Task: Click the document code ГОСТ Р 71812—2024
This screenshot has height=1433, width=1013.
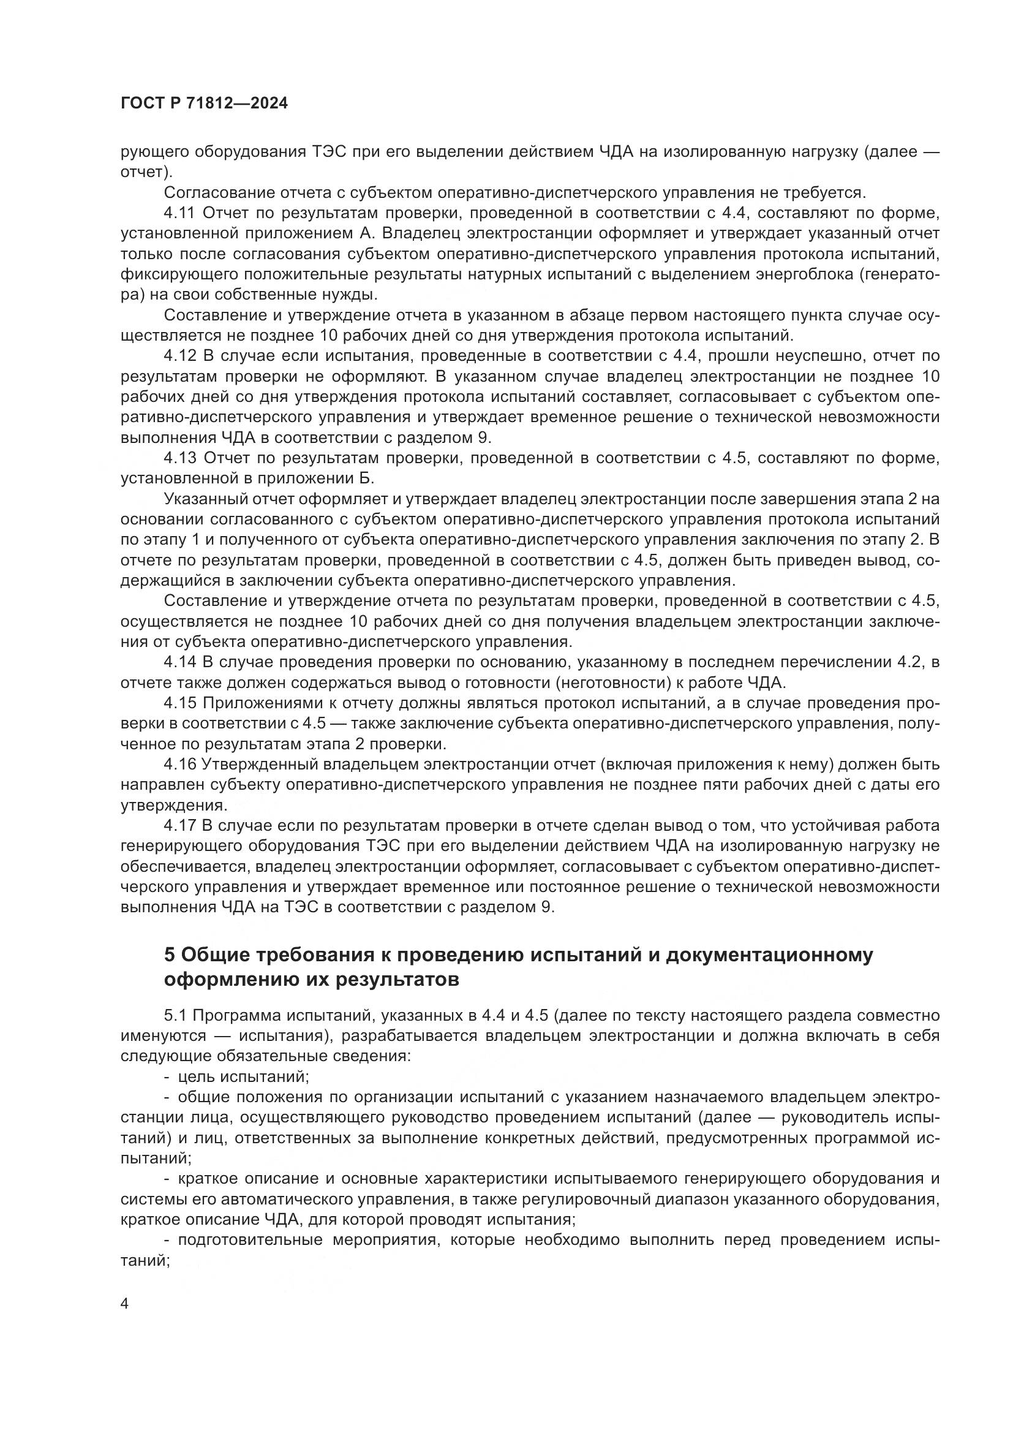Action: (204, 104)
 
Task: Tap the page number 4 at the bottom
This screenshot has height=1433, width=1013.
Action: (125, 1304)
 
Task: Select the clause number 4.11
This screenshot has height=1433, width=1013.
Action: (179, 213)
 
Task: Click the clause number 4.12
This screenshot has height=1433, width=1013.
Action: (179, 356)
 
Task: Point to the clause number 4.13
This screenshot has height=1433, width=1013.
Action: (179, 458)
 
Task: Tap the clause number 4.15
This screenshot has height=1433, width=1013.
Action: (179, 703)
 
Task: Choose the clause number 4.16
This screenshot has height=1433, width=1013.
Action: (179, 765)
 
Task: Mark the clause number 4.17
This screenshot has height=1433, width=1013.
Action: (179, 826)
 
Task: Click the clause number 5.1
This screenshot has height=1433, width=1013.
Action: (175, 1015)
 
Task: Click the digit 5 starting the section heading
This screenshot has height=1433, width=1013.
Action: (169, 955)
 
